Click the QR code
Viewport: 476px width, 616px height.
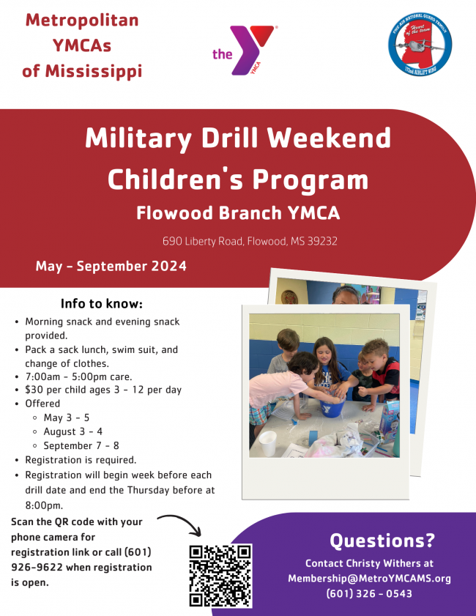220,576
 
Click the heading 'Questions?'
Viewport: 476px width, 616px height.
382,541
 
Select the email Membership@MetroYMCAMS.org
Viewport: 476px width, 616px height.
369,578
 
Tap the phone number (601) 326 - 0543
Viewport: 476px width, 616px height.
369,593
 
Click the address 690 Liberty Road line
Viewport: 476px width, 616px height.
250,241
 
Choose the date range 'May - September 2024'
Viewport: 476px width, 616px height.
111,266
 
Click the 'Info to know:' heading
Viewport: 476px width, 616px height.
101,303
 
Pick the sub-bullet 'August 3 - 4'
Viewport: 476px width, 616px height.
73,431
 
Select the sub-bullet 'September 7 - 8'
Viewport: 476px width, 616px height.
81,445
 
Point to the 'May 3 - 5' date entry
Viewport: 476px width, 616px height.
67,418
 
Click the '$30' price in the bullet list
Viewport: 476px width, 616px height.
34,390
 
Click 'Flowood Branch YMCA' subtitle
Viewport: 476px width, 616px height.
238,213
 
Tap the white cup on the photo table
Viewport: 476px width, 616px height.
268,441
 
